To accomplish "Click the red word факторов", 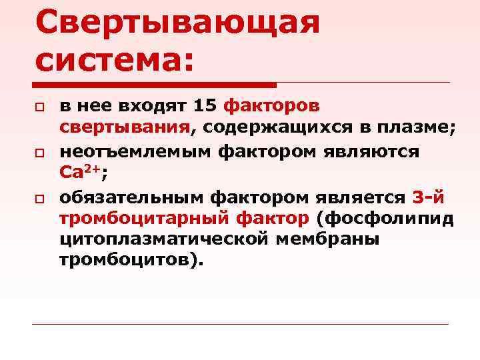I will [x=272, y=106].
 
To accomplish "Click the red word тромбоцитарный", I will [x=145, y=218].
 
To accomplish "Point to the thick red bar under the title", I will [x=154, y=85].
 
